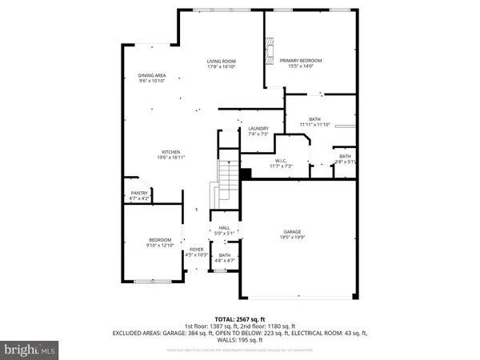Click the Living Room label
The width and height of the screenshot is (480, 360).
(x=222, y=61)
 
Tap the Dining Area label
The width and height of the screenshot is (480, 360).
(x=152, y=75)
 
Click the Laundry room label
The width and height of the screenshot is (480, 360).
(x=258, y=128)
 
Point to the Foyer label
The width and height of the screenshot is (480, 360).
(x=196, y=250)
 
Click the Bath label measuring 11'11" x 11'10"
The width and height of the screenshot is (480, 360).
(x=314, y=119)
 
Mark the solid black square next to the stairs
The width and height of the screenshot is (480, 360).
(x=246, y=174)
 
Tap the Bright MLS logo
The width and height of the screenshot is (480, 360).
(x=30, y=349)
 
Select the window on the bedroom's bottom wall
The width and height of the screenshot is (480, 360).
(x=152, y=281)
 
